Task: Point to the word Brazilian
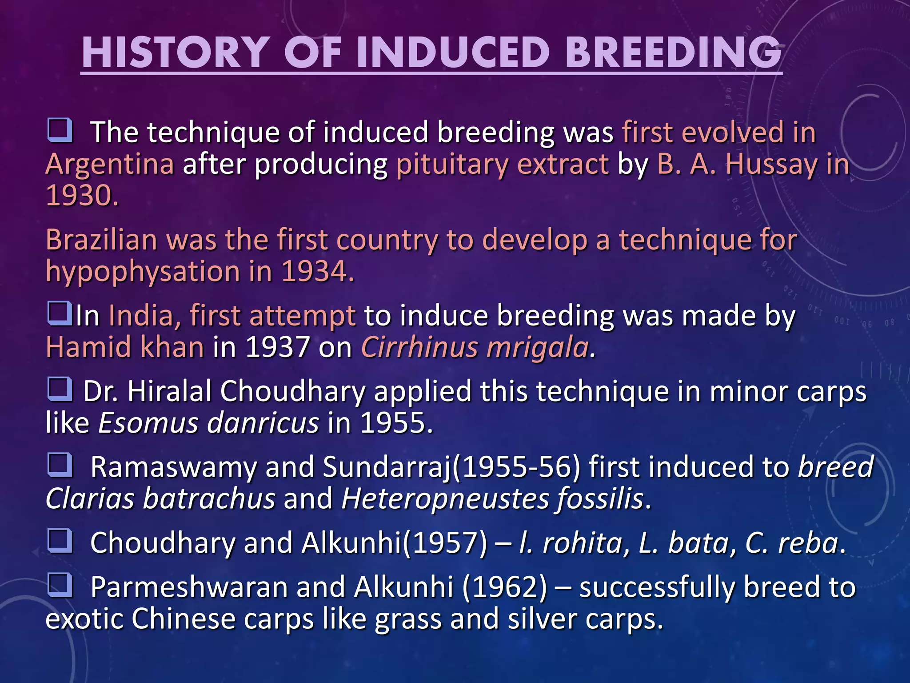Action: (x=101, y=240)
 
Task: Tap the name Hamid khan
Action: (x=125, y=347)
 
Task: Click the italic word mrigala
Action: (x=538, y=347)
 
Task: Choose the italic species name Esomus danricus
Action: (x=208, y=423)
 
